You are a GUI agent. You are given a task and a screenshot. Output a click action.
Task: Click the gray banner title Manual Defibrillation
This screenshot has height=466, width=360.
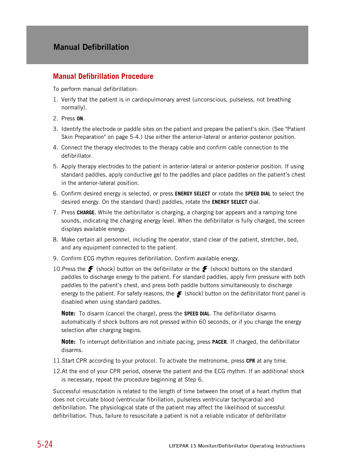(91, 47)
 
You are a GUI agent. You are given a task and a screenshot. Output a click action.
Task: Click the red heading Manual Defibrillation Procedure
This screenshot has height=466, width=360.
(103, 76)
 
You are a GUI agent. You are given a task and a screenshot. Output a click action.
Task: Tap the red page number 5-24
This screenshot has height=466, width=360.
(45, 444)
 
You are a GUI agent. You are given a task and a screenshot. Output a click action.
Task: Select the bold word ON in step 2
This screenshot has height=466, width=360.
(80, 118)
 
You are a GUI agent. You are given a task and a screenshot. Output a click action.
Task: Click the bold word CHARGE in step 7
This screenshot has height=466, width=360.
(86, 213)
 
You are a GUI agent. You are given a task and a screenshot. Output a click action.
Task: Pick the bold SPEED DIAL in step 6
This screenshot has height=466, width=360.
(258, 194)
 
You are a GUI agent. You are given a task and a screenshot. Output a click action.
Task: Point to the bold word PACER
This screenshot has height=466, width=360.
(219, 342)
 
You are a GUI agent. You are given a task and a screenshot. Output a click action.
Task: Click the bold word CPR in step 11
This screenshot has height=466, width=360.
(251, 361)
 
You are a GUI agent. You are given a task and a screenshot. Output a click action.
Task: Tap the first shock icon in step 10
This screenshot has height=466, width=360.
(91, 269)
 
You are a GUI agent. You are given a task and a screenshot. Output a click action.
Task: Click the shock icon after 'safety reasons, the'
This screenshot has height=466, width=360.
(179, 294)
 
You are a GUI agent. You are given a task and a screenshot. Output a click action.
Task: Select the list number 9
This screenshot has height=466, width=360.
(55, 258)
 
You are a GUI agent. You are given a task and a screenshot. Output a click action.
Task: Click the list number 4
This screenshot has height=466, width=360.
(55, 148)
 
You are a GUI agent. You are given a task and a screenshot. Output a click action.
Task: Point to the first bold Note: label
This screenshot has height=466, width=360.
(68, 314)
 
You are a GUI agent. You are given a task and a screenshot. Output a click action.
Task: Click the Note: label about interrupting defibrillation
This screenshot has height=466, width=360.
(68, 342)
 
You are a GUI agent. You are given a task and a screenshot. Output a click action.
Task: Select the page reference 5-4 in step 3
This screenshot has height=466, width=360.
(135, 137)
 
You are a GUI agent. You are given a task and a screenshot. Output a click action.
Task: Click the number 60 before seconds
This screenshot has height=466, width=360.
(202, 322)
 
